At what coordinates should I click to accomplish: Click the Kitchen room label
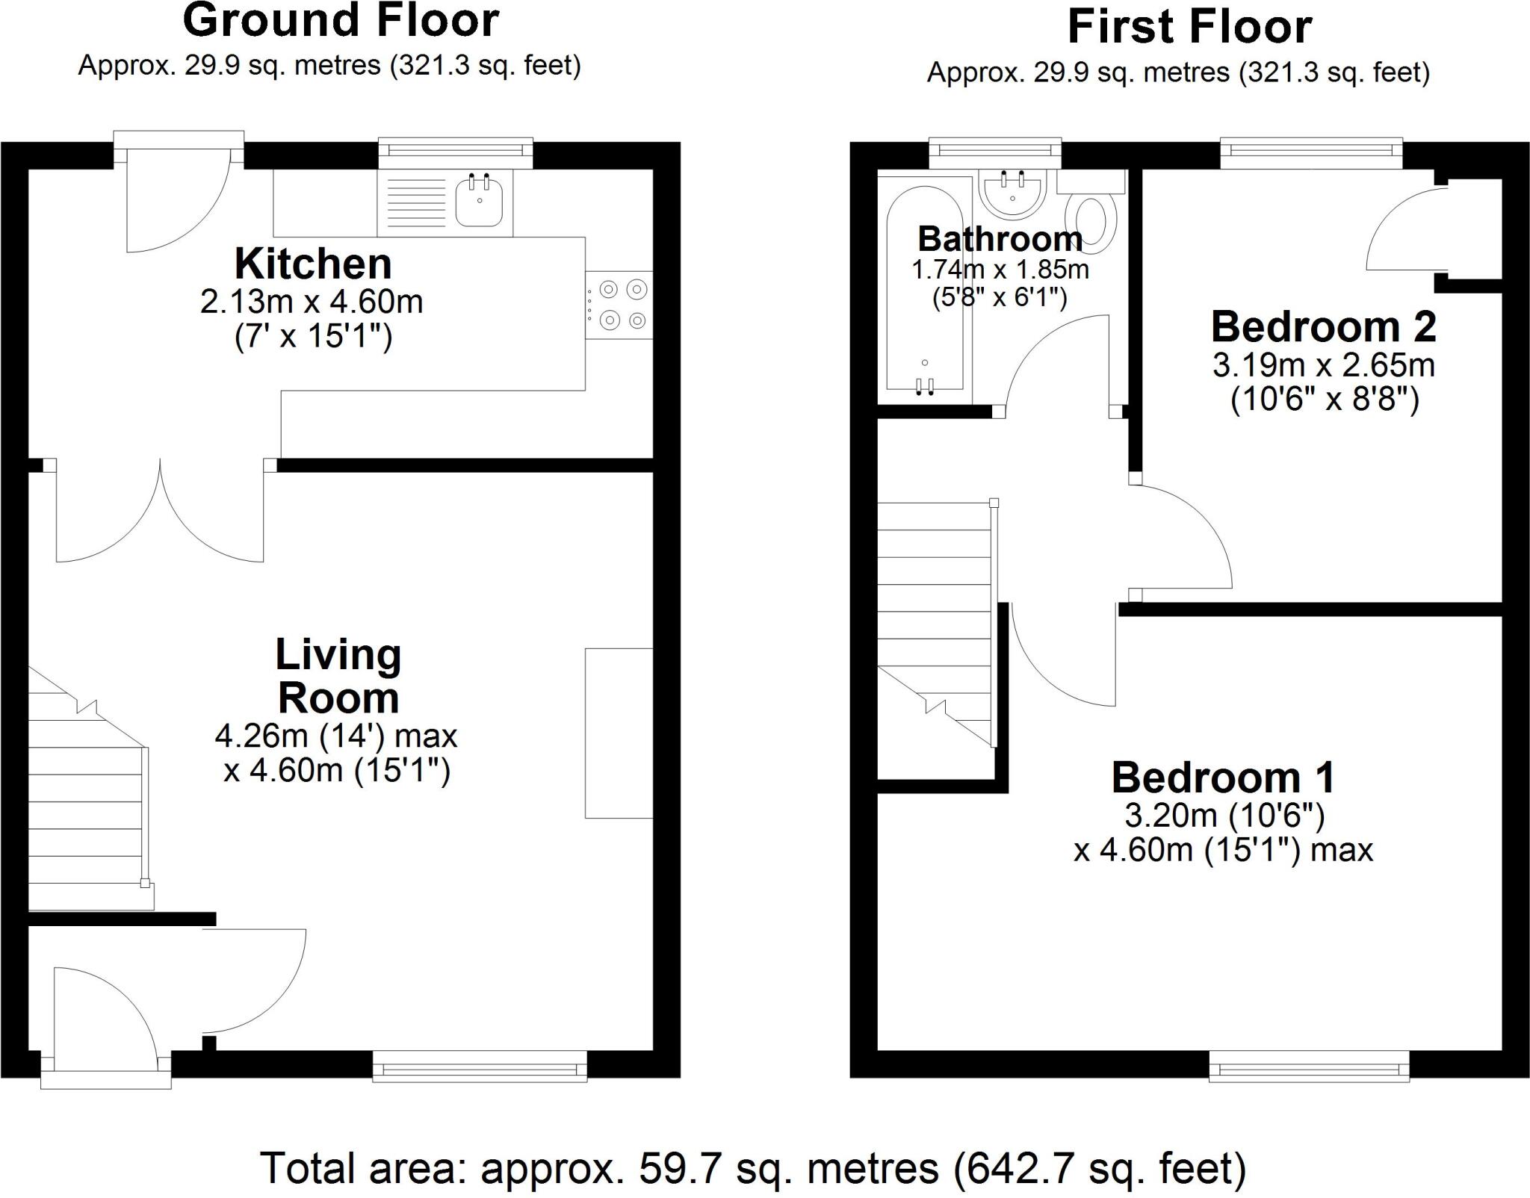(x=313, y=264)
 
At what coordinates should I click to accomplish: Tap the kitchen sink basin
(x=479, y=202)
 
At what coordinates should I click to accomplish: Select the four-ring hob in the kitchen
(x=619, y=305)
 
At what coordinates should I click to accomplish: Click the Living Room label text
(x=338, y=676)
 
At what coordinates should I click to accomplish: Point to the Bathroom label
(x=1000, y=239)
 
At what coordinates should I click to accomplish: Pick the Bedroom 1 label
(x=1223, y=778)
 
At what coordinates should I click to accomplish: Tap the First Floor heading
(x=1189, y=27)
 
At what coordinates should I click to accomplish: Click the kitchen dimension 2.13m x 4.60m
(x=312, y=302)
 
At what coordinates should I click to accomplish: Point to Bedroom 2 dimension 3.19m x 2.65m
(x=1324, y=365)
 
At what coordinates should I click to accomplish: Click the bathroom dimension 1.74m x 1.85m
(x=1000, y=270)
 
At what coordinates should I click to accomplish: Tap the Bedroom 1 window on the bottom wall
(x=1309, y=1067)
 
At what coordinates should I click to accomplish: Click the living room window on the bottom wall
(x=480, y=1067)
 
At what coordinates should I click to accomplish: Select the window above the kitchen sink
(x=456, y=153)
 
